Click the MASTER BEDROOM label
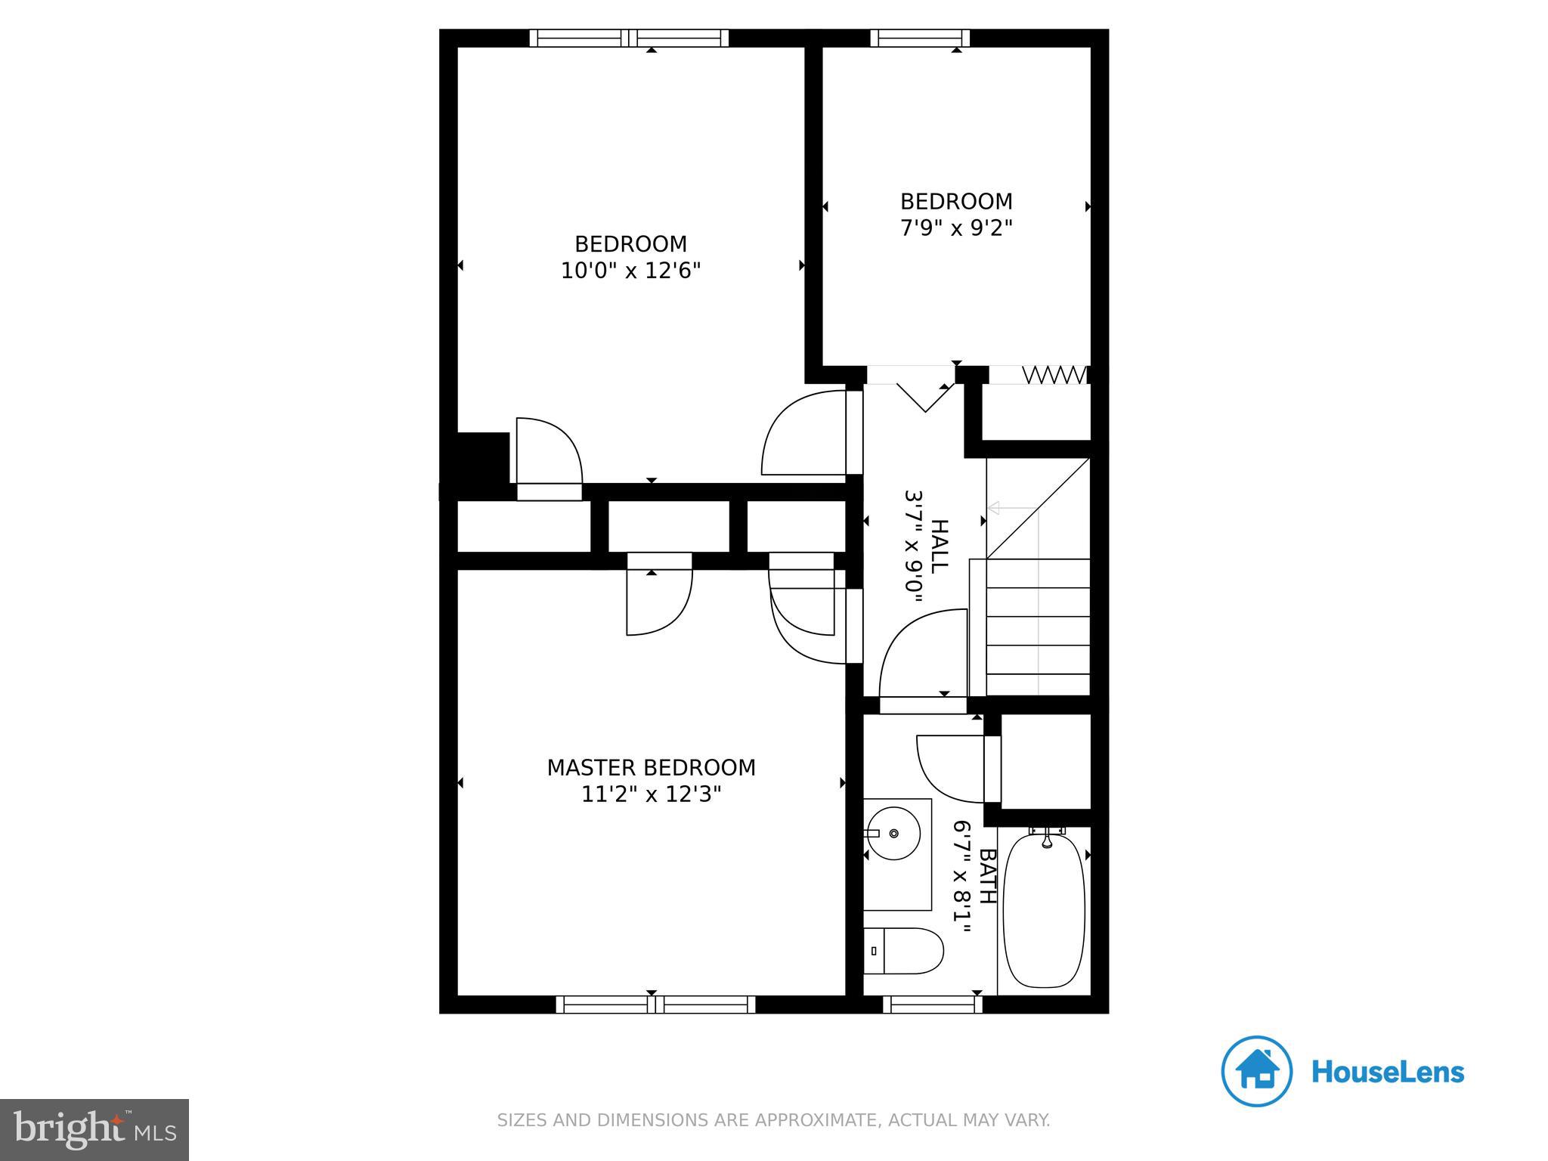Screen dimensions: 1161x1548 (x=651, y=767)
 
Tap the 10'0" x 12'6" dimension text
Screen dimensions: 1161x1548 (x=630, y=271)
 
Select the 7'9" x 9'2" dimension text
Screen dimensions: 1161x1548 (x=955, y=228)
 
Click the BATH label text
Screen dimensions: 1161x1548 (x=987, y=876)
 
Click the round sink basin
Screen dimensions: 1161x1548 (x=893, y=833)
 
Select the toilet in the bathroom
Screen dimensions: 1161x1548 (x=904, y=951)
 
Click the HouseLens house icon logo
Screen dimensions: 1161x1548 (x=1256, y=1071)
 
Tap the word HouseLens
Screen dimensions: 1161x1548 (x=1387, y=1073)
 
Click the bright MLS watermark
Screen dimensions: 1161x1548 (x=94, y=1129)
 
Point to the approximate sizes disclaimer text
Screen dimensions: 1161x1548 (x=773, y=1120)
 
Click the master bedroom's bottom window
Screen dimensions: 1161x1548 (x=655, y=1005)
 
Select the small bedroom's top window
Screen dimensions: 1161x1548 (x=920, y=38)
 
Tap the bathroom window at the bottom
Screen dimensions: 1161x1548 (x=933, y=1005)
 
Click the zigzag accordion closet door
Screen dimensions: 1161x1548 (x=1054, y=375)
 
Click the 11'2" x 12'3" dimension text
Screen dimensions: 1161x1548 (x=651, y=794)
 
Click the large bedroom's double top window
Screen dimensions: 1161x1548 (x=629, y=38)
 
